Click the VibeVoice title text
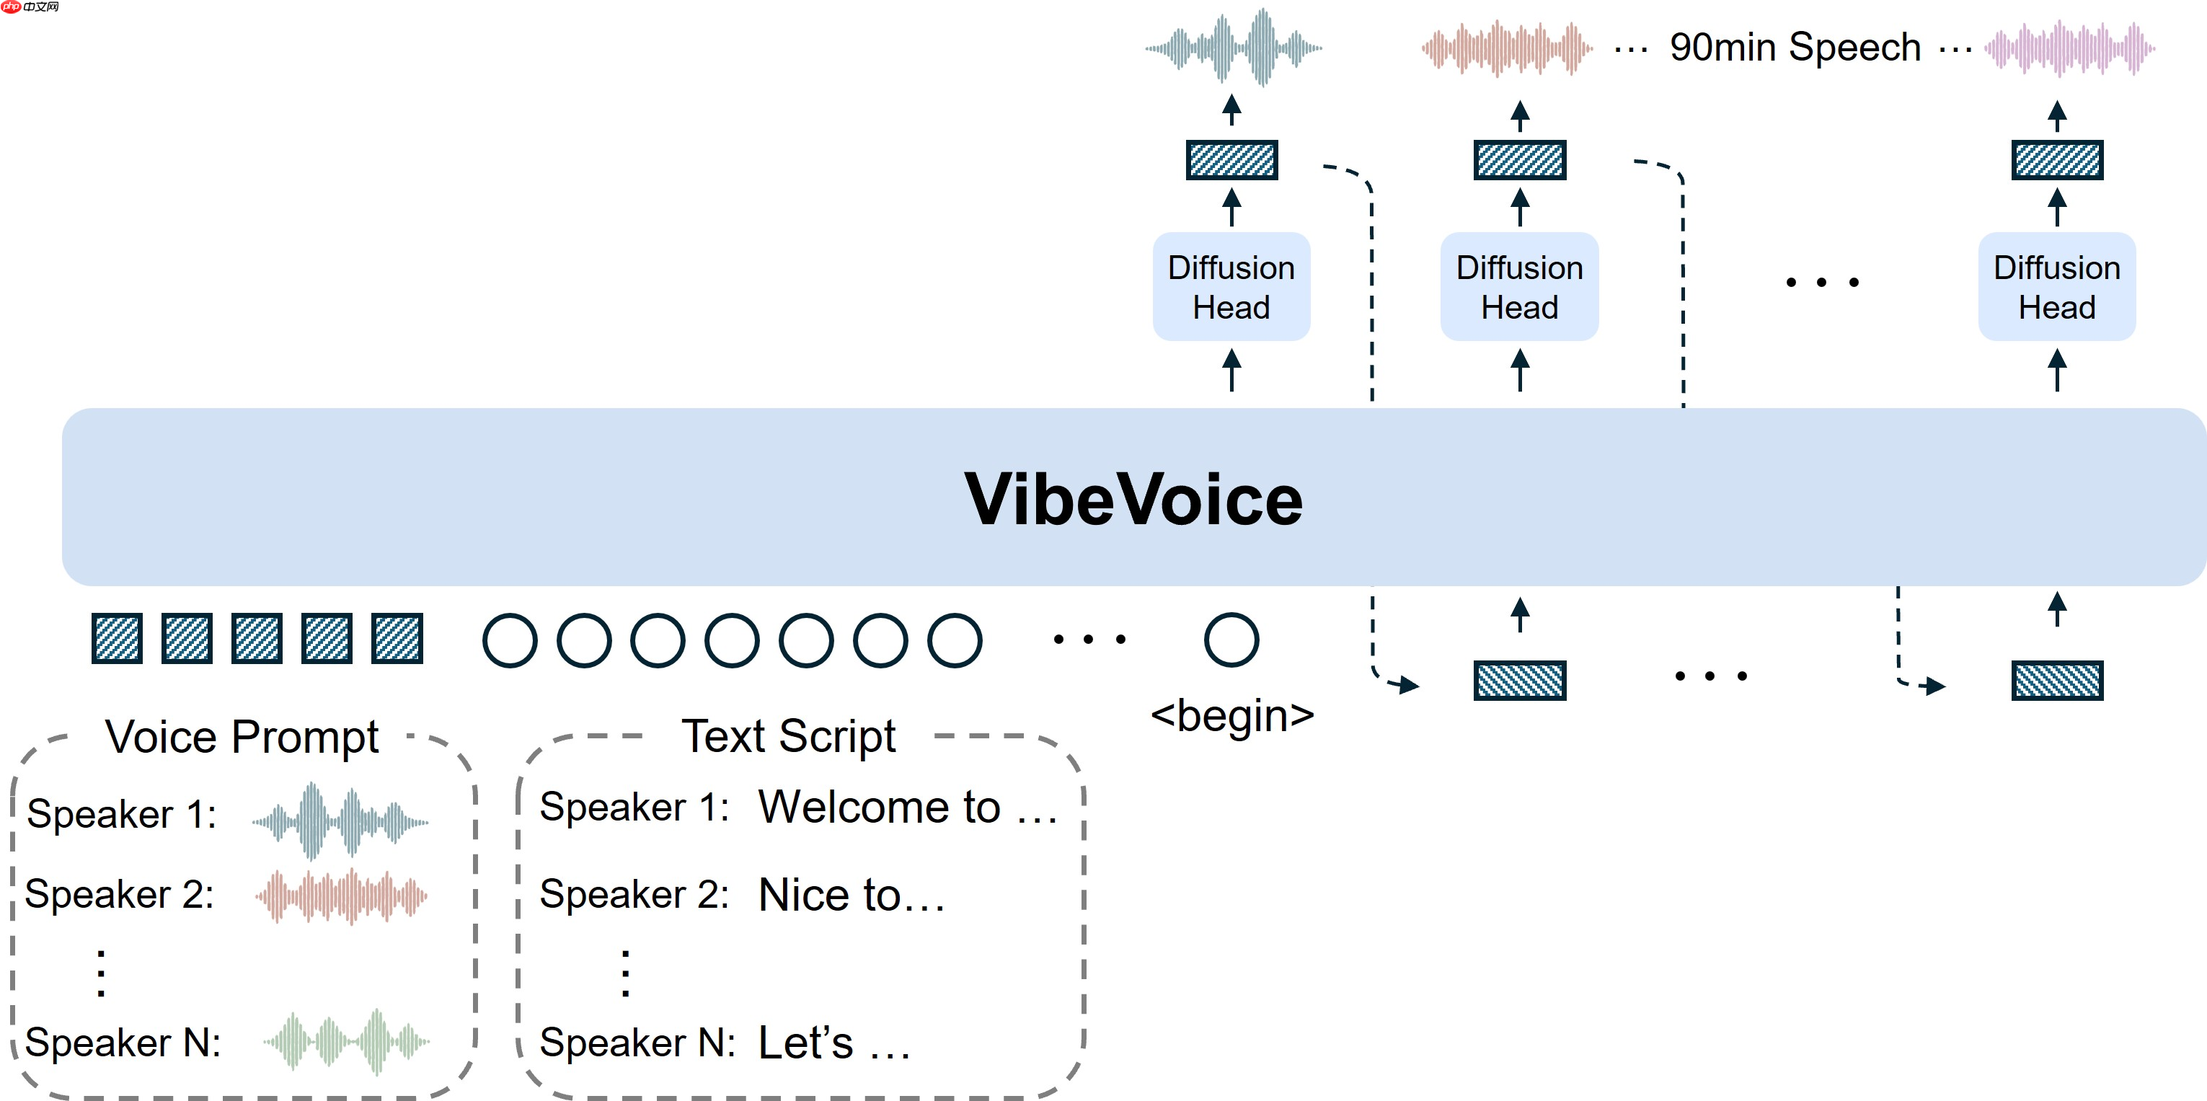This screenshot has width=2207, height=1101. click(x=1133, y=500)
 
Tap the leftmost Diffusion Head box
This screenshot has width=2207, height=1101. click(x=1231, y=287)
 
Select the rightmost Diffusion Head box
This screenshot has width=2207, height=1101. click(x=2056, y=287)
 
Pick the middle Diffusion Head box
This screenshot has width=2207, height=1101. click(x=1519, y=287)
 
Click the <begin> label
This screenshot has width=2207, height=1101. click(x=1232, y=715)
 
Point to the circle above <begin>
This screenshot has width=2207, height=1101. click(x=1231, y=640)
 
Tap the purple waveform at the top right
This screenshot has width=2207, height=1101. click(x=2069, y=49)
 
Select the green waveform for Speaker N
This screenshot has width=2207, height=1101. click(x=345, y=1041)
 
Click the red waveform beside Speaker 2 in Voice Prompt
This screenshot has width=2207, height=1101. click(x=341, y=896)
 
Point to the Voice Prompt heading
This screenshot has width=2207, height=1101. click(x=242, y=737)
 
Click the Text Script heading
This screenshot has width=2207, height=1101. click(x=788, y=737)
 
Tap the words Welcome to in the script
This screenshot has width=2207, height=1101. click(x=879, y=807)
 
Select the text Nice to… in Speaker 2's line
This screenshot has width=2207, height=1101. click(x=851, y=896)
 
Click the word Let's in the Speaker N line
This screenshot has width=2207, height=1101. click(x=806, y=1043)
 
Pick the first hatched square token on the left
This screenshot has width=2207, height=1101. click(x=117, y=638)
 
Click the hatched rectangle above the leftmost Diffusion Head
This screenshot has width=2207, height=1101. click(x=1231, y=160)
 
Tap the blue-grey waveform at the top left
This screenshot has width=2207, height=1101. click(x=1234, y=48)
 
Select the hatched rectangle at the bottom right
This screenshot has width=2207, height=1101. click(x=2056, y=681)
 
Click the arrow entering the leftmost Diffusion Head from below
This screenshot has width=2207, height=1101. click(x=1231, y=369)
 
